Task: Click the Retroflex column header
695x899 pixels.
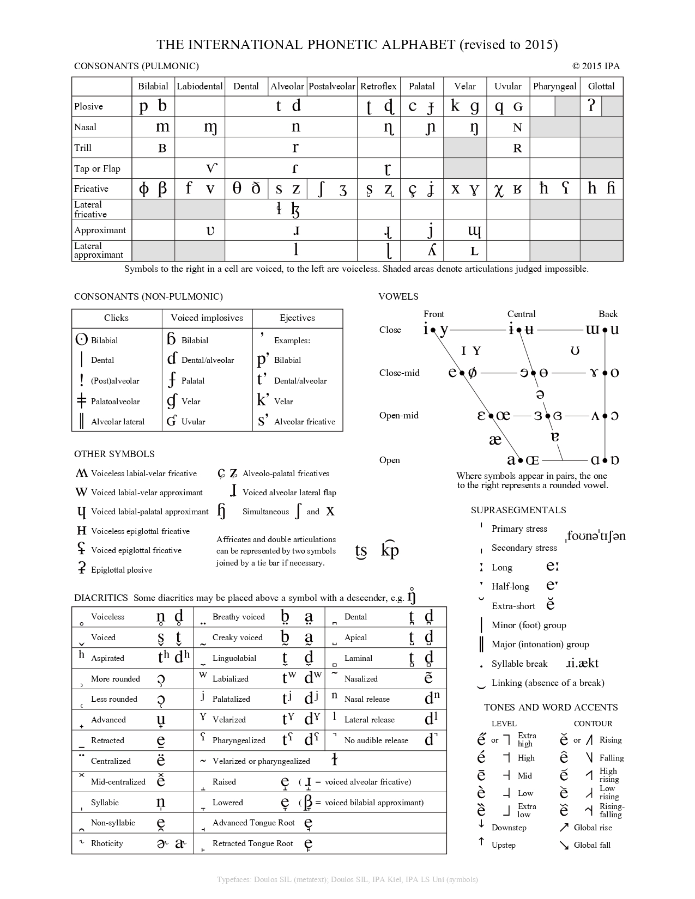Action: [x=378, y=86]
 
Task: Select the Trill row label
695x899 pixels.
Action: [x=83, y=148]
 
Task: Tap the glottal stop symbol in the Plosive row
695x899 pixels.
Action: [x=591, y=106]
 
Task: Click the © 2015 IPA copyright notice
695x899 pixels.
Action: [x=596, y=66]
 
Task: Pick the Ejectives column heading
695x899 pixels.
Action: [x=297, y=318]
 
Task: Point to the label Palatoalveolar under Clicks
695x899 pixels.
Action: [x=116, y=402]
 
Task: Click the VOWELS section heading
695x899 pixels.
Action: [x=398, y=296]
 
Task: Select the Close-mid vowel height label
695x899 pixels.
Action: [x=400, y=373]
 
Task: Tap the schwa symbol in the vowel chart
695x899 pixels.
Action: [x=540, y=394]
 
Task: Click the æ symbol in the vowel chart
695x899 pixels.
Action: [x=495, y=439]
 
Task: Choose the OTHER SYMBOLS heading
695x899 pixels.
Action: [x=114, y=454]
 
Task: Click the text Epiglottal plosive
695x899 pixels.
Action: [x=122, y=570]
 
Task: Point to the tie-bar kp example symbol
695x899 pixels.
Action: [x=390, y=550]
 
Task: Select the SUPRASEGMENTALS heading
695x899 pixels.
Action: [x=518, y=510]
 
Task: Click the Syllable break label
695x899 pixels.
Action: [x=519, y=664]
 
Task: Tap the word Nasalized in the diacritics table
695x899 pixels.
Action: [x=361, y=679]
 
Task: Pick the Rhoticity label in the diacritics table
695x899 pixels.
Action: [x=107, y=843]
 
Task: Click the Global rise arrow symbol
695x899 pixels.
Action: [x=564, y=828]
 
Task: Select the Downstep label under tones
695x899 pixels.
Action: [x=509, y=828]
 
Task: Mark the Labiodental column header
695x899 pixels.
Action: [x=200, y=86]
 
